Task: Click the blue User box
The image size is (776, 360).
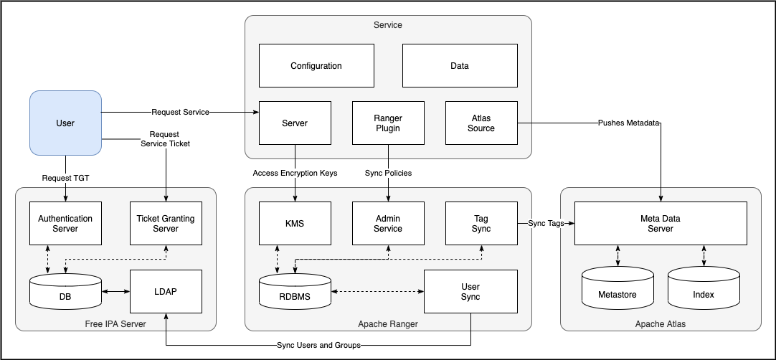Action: (65, 123)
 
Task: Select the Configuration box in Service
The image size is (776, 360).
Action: (316, 66)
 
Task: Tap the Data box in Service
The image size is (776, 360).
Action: (460, 66)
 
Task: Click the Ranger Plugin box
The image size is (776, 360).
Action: (388, 123)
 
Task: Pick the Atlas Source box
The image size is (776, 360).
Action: (481, 123)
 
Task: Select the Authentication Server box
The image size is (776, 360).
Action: (65, 224)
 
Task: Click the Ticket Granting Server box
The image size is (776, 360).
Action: (166, 224)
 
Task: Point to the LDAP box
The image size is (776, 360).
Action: (166, 292)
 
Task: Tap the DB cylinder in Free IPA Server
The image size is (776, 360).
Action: (65, 293)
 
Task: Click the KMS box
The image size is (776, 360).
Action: (295, 224)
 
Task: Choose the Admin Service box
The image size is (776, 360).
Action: (388, 224)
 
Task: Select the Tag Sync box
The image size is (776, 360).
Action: (481, 224)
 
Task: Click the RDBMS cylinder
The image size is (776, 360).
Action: (295, 293)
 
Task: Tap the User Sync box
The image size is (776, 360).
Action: (470, 292)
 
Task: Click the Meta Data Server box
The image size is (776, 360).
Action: (661, 224)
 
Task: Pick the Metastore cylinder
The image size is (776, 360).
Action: (618, 293)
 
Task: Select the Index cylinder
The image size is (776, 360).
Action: (704, 293)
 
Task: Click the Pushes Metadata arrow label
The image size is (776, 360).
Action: (628, 123)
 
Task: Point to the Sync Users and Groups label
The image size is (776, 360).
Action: (318, 345)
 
